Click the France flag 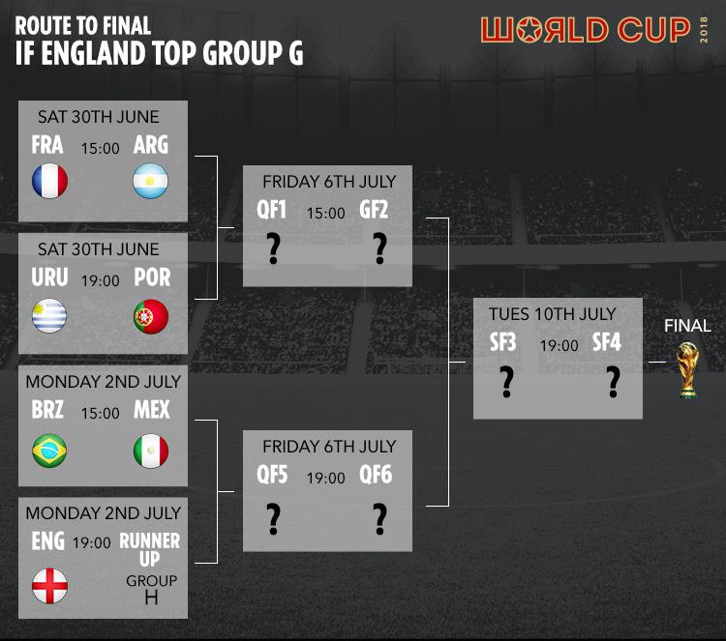tap(50, 181)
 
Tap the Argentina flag tap(150, 181)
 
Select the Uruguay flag tap(49, 316)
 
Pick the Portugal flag tap(151, 316)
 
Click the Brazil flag tap(49, 451)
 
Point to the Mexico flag tap(151, 451)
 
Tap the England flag tap(50, 586)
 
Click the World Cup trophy tap(687, 370)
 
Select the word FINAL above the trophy tap(687, 326)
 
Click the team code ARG tap(151, 145)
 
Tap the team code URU tap(49, 277)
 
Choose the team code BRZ tap(47, 410)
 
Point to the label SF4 tap(607, 342)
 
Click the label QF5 tap(272, 475)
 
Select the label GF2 tap(374, 210)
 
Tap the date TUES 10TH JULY tap(553, 314)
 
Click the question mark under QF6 tap(380, 519)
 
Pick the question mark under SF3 tap(507, 382)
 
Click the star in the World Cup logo tap(529, 31)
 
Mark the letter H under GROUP tap(151, 598)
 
